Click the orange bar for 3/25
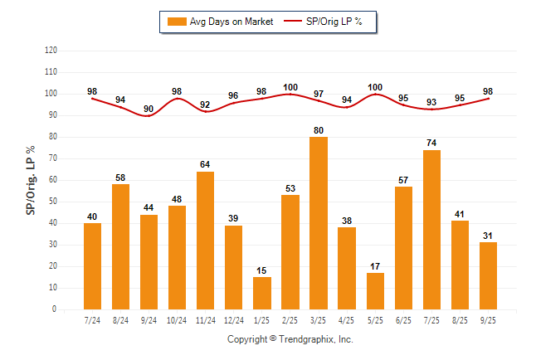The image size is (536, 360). [319, 223]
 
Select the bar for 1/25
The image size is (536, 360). [262, 293]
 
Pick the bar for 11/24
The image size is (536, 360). [206, 241]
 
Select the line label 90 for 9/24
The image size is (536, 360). [149, 109]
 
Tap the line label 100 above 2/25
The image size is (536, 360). [290, 87]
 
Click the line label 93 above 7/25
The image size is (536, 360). [431, 102]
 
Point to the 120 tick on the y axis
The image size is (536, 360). [51, 51]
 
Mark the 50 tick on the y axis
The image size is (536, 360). [53, 202]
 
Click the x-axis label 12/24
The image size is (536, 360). [233, 321]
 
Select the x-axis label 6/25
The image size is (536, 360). [403, 321]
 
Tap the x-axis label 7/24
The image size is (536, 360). [92, 321]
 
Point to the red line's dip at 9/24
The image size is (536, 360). [149, 116]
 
